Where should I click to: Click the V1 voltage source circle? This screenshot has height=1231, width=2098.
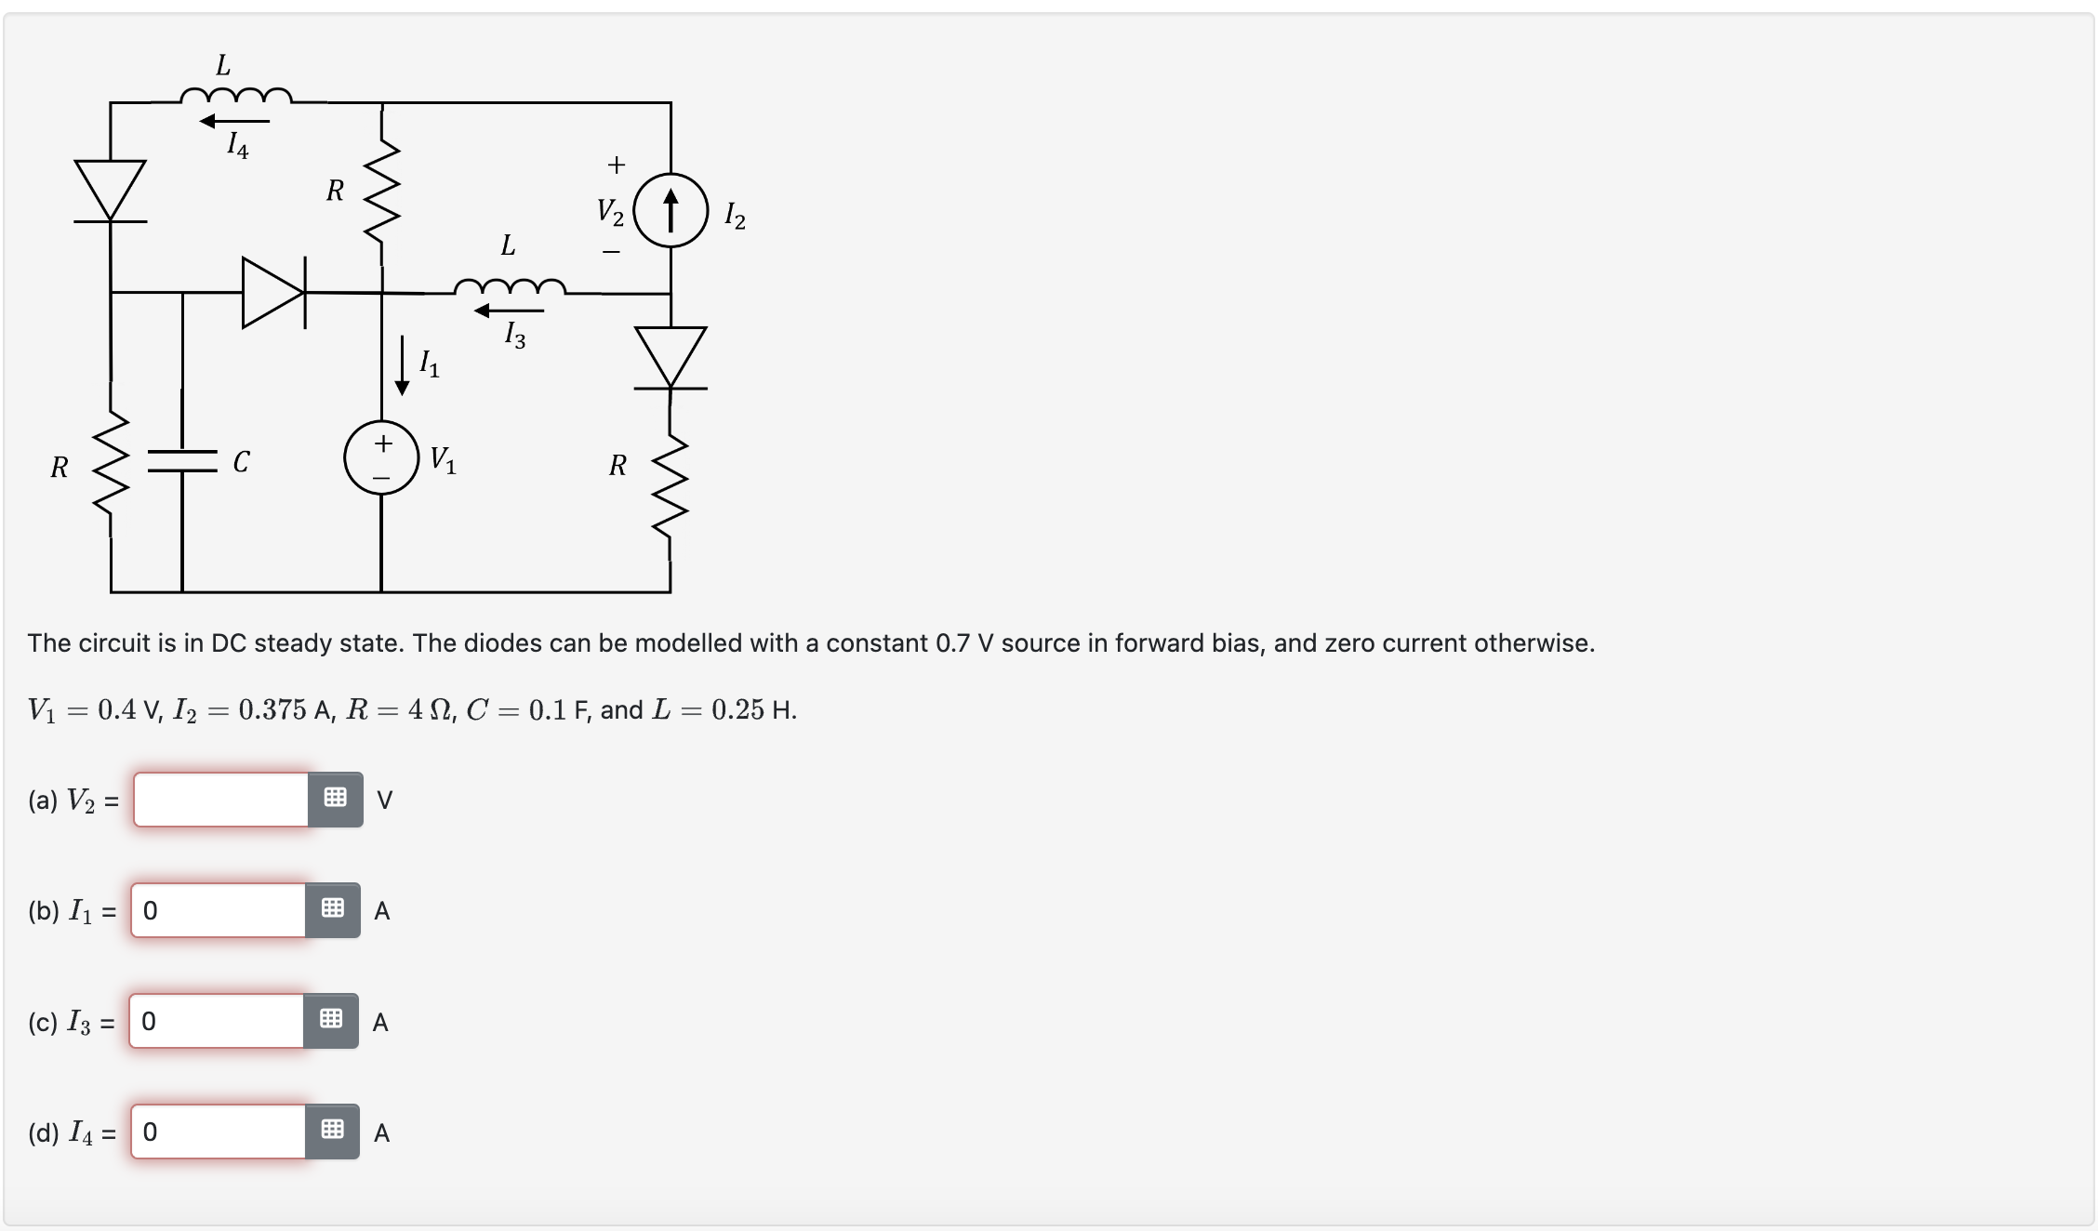coord(381,457)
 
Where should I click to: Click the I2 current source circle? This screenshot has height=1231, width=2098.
coord(671,210)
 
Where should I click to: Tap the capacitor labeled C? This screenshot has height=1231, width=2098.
coord(182,461)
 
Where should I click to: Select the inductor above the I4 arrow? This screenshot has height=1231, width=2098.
coord(235,95)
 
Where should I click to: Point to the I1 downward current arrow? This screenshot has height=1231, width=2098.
coord(403,364)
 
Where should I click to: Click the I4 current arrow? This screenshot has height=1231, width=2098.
coord(234,121)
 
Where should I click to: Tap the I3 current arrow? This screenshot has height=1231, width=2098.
coord(509,311)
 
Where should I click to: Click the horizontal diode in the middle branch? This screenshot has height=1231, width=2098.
coord(273,293)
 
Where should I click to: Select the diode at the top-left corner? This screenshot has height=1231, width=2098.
coord(111,192)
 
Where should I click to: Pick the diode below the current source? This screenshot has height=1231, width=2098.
coord(671,357)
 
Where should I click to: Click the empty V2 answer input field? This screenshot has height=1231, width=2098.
coord(221,800)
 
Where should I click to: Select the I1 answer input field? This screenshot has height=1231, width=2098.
coord(219,910)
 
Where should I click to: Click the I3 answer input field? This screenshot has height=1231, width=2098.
coord(217,1021)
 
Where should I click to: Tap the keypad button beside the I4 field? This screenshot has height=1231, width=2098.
coord(332,1132)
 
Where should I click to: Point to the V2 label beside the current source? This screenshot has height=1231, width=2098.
coord(610,212)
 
